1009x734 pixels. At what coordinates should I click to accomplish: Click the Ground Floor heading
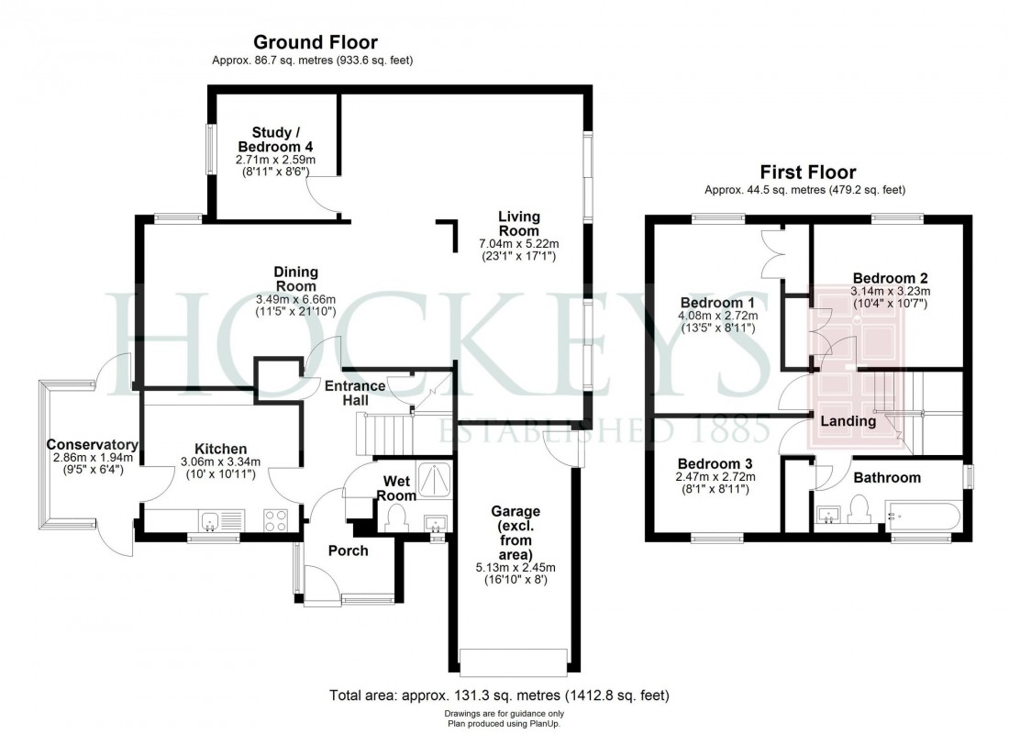(315, 42)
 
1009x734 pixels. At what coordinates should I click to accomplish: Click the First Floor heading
(807, 172)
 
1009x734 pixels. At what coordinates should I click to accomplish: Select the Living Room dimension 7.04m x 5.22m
(518, 244)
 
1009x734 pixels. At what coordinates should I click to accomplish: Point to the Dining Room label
(295, 279)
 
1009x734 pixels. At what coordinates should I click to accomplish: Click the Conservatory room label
(92, 445)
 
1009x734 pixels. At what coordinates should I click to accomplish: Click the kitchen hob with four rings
(276, 521)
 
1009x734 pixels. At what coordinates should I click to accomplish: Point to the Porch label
(348, 550)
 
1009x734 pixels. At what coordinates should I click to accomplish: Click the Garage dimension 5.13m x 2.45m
(516, 567)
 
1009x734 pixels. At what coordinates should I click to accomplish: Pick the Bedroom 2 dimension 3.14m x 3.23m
(890, 292)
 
